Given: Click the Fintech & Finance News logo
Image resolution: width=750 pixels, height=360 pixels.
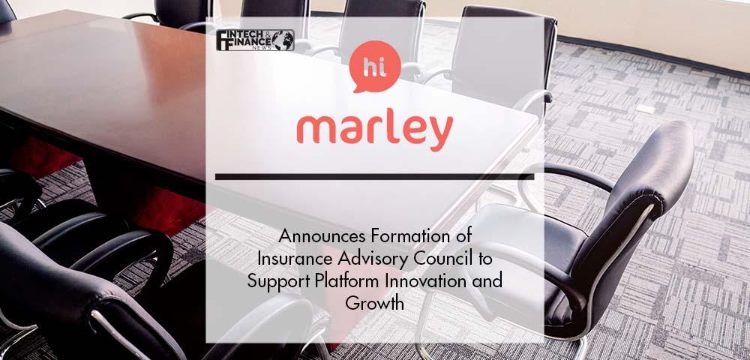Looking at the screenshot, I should [x=254, y=40].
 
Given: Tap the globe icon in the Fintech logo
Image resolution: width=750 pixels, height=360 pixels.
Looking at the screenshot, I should [x=283, y=40].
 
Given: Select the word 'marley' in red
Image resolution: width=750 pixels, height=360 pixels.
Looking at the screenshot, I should [x=374, y=130].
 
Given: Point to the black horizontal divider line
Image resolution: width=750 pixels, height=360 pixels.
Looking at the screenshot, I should [x=374, y=177].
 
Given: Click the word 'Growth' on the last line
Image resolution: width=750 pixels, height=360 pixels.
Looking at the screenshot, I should [x=374, y=304].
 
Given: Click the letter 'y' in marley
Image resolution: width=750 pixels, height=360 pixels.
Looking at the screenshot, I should [x=440, y=133].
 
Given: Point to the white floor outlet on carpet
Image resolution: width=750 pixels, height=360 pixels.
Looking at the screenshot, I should [x=646, y=109].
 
